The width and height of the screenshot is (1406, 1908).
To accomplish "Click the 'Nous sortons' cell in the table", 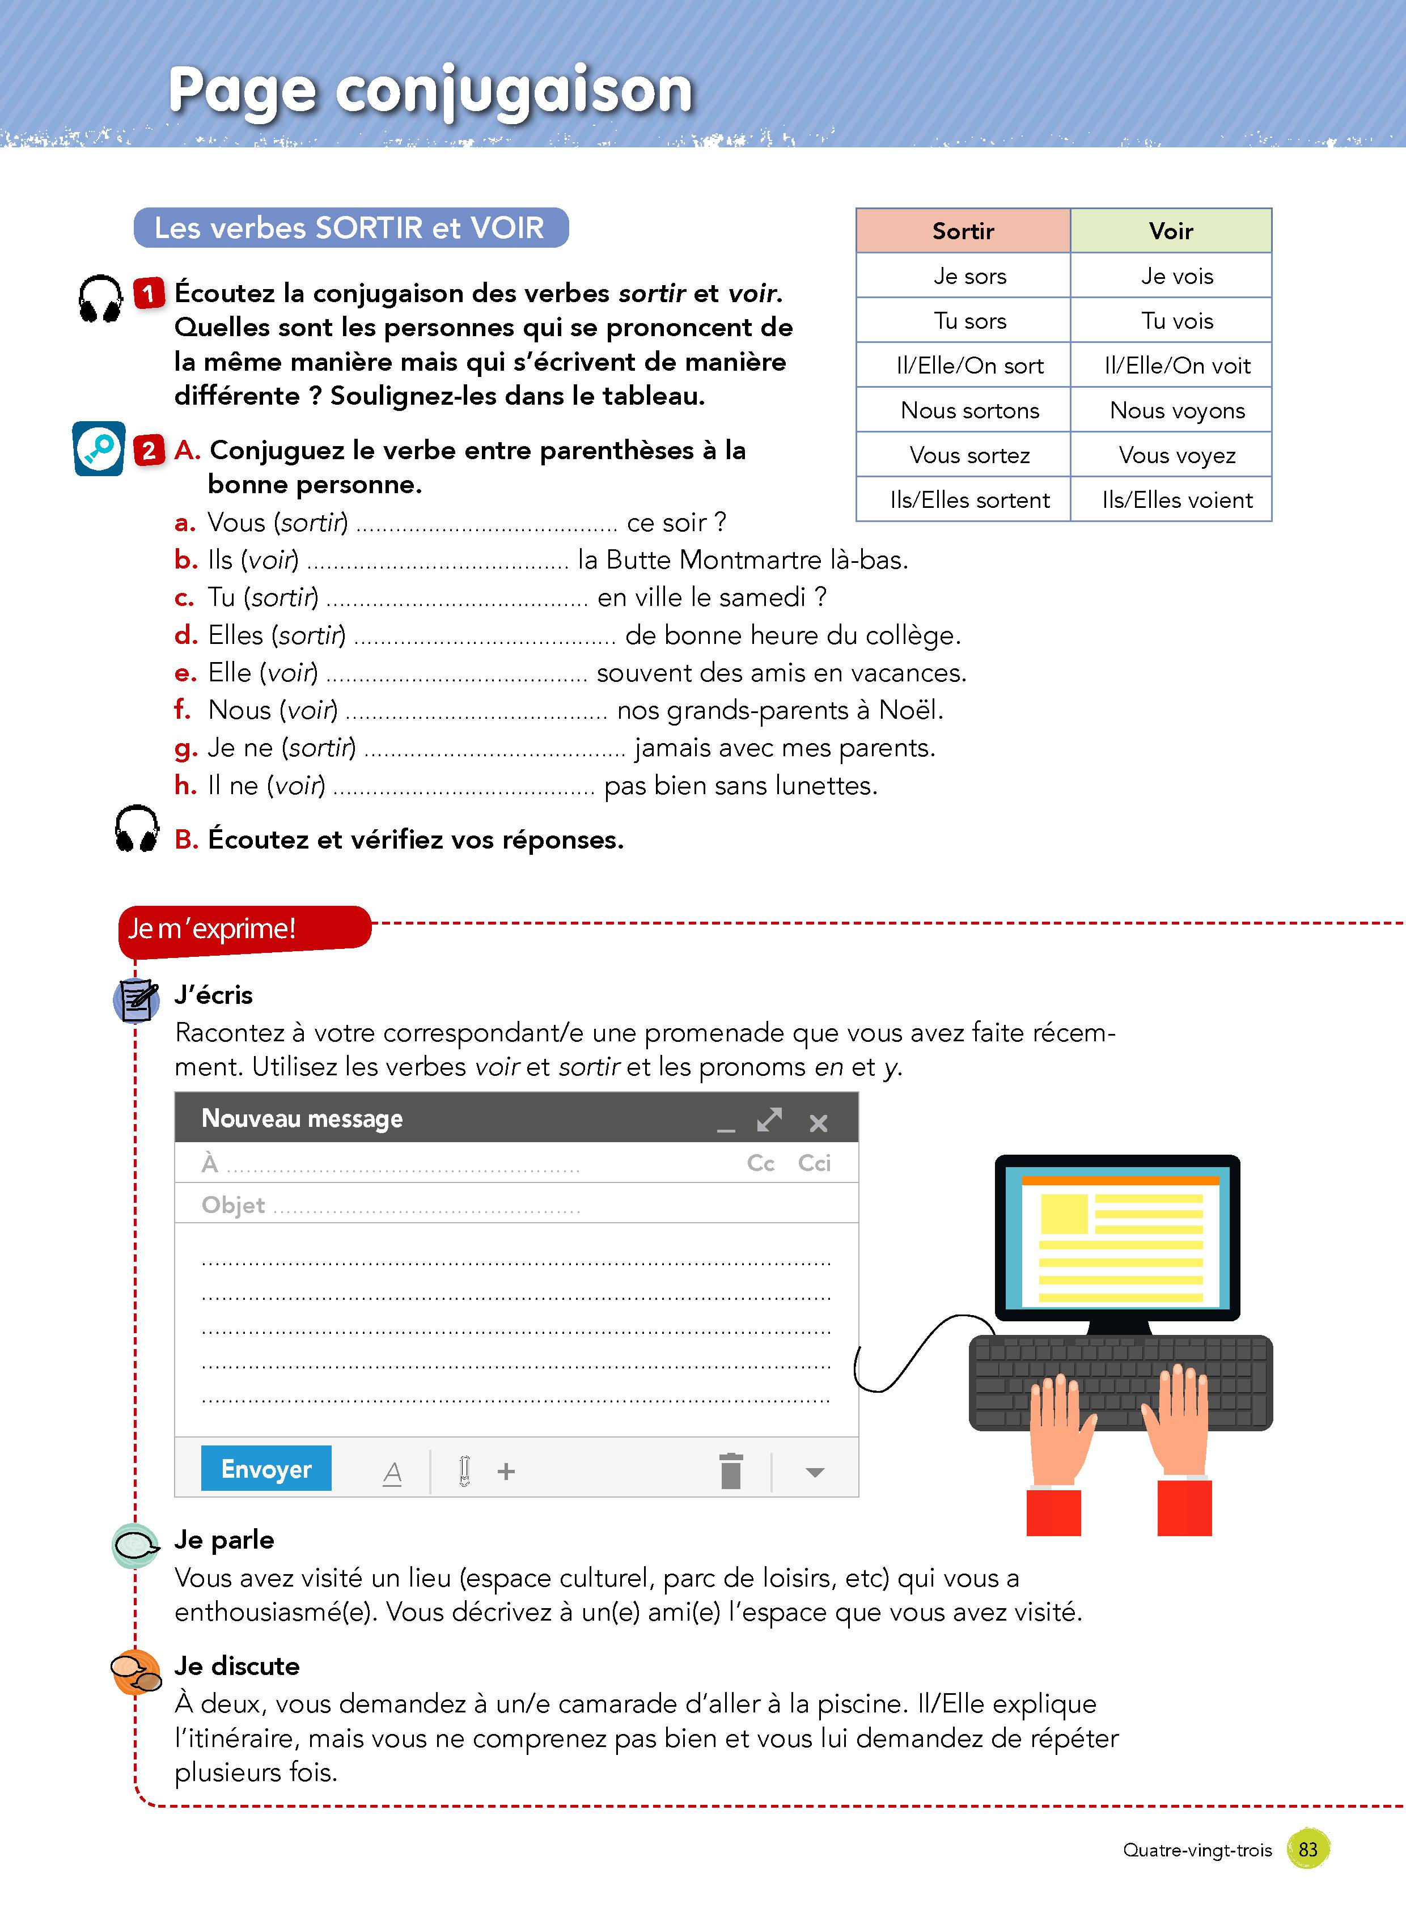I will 969,410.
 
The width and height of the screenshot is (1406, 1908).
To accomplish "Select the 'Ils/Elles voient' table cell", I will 1176,499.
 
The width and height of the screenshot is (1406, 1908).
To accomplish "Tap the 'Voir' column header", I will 1170,231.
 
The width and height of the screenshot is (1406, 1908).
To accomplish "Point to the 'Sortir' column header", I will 963,231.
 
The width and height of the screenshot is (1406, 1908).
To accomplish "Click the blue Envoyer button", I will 265,1468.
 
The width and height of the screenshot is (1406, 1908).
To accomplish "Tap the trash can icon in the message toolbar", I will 730,1470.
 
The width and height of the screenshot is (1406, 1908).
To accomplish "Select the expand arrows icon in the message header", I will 769,1120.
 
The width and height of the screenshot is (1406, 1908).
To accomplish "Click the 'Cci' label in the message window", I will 814,1163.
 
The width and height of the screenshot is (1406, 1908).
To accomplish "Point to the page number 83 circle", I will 1308,1849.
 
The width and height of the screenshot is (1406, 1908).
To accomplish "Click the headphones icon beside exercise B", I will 136,829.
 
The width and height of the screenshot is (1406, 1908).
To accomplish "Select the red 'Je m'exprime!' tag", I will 244,928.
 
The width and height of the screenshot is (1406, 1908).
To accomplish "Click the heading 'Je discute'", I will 236,1665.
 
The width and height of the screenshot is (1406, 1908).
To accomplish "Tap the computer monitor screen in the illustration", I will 1117,1238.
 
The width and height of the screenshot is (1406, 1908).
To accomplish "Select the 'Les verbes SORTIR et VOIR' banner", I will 350,228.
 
